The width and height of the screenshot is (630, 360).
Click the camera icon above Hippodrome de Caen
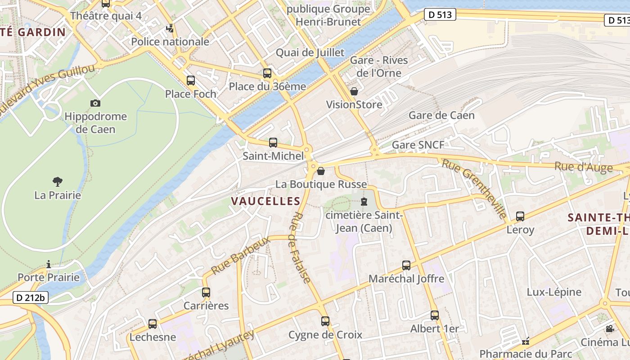[95, 103]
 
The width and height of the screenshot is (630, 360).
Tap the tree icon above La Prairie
[57, 182]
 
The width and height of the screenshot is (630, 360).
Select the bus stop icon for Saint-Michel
[273, 143]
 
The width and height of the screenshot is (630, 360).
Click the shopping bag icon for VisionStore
[354, 92]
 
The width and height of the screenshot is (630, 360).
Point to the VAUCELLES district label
[265, 201]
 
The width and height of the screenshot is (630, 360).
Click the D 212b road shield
[31, 297]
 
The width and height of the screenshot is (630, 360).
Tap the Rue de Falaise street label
[301, 248]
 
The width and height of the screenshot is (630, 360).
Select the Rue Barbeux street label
[240, 255]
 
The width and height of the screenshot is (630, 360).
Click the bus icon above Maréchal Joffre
[406, 265]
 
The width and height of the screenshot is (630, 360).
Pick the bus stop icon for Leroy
[520, 216]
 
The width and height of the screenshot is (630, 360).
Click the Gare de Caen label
[441, 115]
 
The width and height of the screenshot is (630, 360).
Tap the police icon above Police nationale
[170, 29]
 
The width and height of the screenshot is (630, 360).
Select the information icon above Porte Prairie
[49, 264]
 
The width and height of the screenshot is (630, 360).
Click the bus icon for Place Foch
[191, 81]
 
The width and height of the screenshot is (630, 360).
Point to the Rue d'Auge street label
[583, 167]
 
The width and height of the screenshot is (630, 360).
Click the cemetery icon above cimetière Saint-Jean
[364, 202]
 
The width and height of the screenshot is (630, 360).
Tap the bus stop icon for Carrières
[206, 292]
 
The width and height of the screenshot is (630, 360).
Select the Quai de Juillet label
[310, 53]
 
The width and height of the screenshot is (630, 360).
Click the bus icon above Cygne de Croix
[325, 321]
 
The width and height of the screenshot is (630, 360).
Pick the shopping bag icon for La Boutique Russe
[321, 171]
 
